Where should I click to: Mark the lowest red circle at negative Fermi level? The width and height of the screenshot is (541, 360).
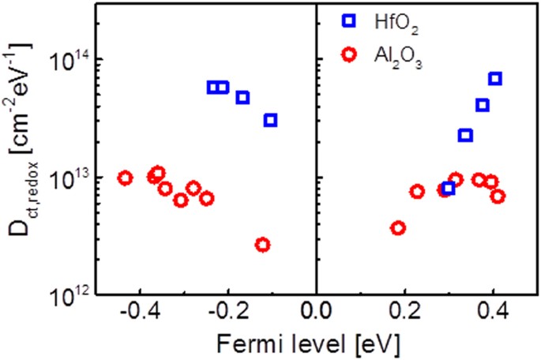(x=263, y=245)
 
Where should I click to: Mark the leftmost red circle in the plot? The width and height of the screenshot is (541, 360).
(x=125, y=178)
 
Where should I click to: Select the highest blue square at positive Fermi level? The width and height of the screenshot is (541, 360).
(x=495, y=78)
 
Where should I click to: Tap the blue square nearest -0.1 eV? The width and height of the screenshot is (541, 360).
(x=271, y=120)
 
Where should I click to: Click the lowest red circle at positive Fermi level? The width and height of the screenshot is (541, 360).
(x=399, y=228)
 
